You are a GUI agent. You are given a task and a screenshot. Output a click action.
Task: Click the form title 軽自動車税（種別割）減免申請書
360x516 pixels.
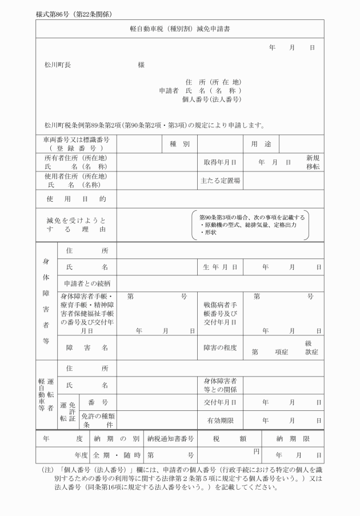180,28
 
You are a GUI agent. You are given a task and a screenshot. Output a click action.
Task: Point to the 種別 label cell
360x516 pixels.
179,144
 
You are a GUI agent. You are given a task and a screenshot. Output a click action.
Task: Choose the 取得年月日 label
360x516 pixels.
220,162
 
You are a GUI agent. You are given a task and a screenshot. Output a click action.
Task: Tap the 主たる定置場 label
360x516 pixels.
220,181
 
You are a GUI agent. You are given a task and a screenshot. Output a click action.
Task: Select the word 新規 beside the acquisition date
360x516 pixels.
313,158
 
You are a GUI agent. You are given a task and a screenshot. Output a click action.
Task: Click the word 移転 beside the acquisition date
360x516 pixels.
313,167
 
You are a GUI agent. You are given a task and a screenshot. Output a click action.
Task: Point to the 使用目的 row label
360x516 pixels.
76,199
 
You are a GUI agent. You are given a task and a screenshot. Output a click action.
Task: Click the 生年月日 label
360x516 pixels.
220,267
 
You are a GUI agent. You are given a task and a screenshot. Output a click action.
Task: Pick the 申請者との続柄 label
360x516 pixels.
87,283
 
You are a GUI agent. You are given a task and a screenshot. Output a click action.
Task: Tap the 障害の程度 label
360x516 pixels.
220,347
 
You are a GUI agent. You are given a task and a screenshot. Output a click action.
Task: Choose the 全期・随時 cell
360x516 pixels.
117,455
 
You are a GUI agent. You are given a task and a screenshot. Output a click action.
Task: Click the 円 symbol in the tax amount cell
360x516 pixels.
257,452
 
